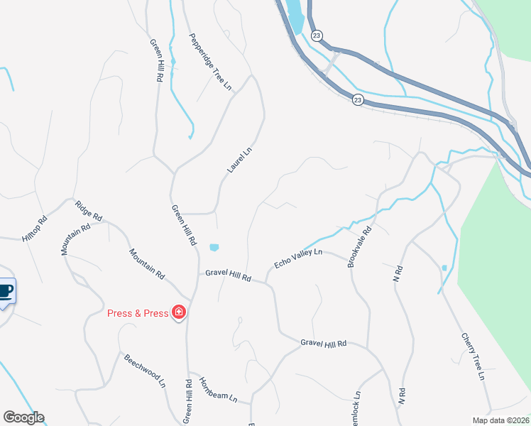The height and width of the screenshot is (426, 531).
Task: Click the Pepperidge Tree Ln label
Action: pyautogui.click(x=210, y=62)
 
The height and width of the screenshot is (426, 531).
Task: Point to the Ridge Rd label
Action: pyautogui.click(x=89, y=210)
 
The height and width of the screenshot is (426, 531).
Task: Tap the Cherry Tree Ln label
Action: pyautogui.click(x=472, y=356)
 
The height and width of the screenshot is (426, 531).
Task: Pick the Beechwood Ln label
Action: pyautogui.click(x=144, y=371)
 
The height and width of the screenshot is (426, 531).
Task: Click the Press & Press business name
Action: pyautogui.click(x=138, y=313)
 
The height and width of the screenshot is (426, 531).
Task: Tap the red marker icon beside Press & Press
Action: pyautogui.click(x=179, y=312)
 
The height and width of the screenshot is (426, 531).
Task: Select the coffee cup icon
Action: pyautogui.click(x=5, y=291)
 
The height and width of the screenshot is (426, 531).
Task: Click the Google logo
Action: pyautogui.click(x=23, y=417)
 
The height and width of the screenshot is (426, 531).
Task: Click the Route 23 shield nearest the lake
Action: pyautogui.click(x=317, y=35)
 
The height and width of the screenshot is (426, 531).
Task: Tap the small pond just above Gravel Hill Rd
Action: pyautogui.click(x=214, y=247)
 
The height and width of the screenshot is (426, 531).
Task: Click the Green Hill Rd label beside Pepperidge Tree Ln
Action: pyautogui.click(x=156, y=60)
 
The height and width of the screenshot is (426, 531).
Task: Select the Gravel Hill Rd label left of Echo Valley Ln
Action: pyautogui.click(x=229, y=276)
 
